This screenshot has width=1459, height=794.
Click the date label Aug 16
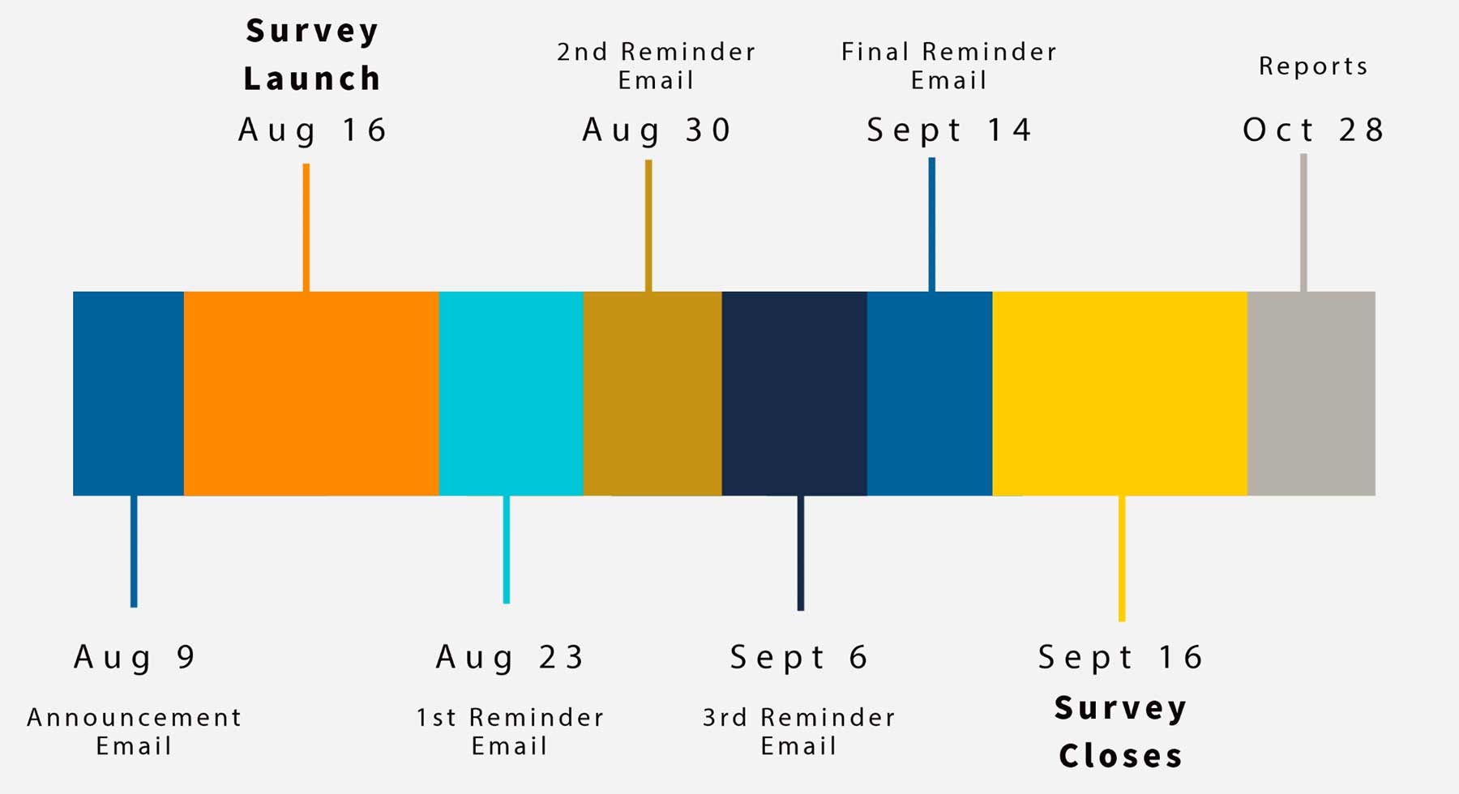pyautogui.click(x=312, y=130)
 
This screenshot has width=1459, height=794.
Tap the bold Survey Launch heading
pyautogui.click(x=312, y=55)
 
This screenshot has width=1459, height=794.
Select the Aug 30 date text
pyautogui.click(x=657, y=130)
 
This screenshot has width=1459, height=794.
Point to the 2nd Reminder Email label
pyautogui.click(x=657, y=66)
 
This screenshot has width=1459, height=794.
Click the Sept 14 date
pyautogui.click(x=949, y=130)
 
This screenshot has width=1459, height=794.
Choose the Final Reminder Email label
pyautogui.click(x=949, y=66)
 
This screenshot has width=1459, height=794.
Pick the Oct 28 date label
pyautogui.click(x=1313, y=130)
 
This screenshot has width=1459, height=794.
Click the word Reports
pyautogui.click(x=1313, y=66)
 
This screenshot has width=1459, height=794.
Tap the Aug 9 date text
pyautogui.click(x=135, y=657)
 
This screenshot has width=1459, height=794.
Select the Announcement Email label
pyautogui.click(x=135, y=732)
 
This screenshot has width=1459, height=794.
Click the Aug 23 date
pyautogui.click(x=510, y=657)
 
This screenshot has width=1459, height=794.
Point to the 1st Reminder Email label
pyautogui.click(x=510, y=732)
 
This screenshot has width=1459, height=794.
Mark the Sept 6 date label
pyautogui.click(x=799, y=657)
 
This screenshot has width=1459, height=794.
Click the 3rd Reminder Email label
pyautogui.click(x=799, y=732)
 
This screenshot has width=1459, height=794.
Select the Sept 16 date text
pyautogui.click(x=1121, y=657)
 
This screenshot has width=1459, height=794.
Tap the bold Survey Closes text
pyautogui.click(x=1121, y=732)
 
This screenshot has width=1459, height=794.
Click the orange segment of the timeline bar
pyautogui.click(x=311, y=394)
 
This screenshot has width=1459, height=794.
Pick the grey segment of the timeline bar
pyautogui.click(x=1311, y=394)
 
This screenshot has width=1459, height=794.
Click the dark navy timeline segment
pyautogui.click(x=794, y=394)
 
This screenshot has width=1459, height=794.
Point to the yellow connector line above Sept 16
pyautogui.click(x=1122, y=558)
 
